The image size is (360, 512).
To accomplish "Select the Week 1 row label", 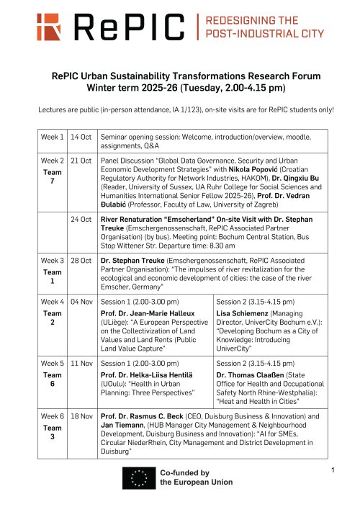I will (x=53, y=137).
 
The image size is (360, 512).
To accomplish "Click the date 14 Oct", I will (x=80, y=137).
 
